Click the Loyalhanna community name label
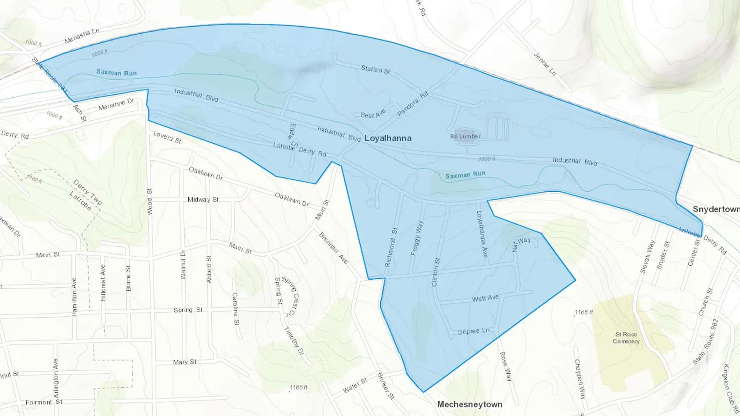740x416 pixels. [388, 138]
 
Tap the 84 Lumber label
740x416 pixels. [465, 136]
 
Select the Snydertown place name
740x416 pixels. [716, 209]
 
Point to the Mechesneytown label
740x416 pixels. [469, 405]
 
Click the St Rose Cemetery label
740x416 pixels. [626, 338]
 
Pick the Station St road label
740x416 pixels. [375, 70]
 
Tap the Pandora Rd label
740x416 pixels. [413, 103]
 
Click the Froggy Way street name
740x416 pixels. [417, 238]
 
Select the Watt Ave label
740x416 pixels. [485, 298]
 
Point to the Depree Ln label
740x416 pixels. [474, 331]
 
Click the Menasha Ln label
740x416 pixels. [82, 36]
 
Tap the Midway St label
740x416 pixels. [203, 200]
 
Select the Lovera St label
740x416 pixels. [167, 137]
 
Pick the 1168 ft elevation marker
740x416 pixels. [584, 313]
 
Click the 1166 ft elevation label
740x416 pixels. [298, 387]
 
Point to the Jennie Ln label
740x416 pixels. [545, 64]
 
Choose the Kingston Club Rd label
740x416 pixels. [729, 388]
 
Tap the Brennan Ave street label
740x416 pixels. [333, 248]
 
